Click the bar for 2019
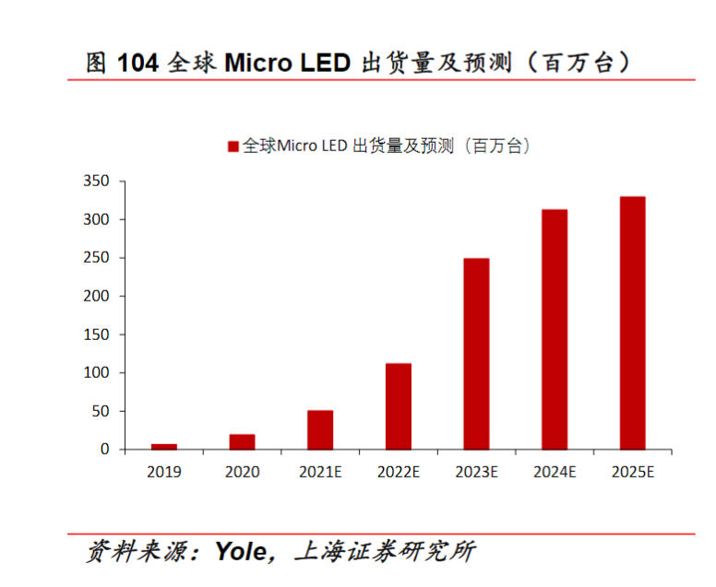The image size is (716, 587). (x=164, y=446)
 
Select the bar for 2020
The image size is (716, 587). (x=242, y=441)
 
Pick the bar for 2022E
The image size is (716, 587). (x=399, y=406)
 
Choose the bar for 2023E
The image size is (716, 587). (x=476, y=354)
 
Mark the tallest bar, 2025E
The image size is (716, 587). (x=633, y=323)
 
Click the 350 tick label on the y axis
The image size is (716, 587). (x=96, y=181)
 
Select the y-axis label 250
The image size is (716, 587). (x=96, y=258)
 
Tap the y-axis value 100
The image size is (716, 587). (x=96, y=373)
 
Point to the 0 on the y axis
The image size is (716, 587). (x=105, y=450)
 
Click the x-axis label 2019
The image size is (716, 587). (x=164, y=472)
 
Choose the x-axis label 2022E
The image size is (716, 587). (x=399, y=472)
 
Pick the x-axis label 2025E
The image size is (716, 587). (x=633, y=472)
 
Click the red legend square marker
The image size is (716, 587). (x=233, y=146)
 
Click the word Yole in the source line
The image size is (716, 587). (x=243, y=552)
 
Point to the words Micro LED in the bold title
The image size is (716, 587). (x=288, y=63)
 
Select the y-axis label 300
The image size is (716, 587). (x=96, y=219)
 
